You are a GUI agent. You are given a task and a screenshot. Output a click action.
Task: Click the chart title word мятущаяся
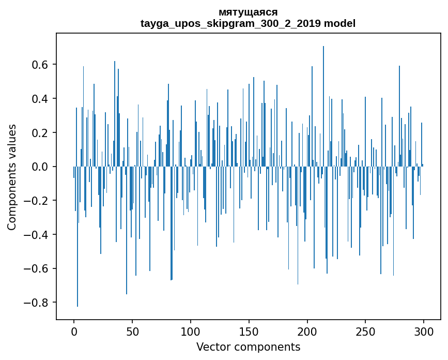pyautogui.click(x=248, y=12)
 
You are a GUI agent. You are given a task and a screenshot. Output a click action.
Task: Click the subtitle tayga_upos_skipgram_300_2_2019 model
pyautogui.click(x=248, y=23)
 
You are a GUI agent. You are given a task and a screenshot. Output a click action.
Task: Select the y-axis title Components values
pyautogui.click(x=12, y=177)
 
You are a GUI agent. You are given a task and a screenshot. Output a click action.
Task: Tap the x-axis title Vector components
pyautogui.click(x=248, y=347)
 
